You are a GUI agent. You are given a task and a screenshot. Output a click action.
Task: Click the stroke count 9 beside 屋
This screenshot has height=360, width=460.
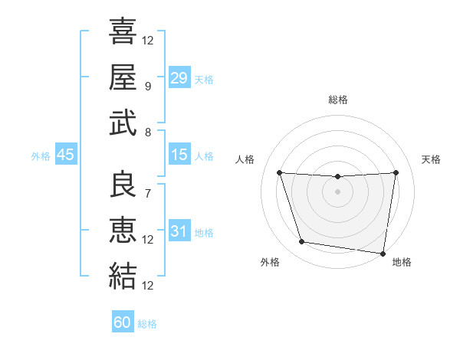point(147,86)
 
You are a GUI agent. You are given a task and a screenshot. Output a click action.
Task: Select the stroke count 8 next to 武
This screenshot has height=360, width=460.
point(147,132)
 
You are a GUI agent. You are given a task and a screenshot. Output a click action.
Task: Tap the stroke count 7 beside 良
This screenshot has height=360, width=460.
point(147,193)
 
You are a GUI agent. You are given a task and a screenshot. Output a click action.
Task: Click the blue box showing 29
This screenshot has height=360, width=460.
point(179,77)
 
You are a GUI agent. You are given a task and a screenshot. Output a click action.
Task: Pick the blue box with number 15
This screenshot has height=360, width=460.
point(179,155)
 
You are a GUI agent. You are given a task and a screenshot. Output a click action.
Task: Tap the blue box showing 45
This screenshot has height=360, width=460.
point(65,155)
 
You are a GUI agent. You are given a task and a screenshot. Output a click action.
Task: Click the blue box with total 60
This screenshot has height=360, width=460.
point(123,322)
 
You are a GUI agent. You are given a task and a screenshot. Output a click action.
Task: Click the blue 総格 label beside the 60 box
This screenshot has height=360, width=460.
point(147,324)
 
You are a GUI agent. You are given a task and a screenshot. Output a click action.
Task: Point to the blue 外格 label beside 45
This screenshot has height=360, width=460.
point(41,156)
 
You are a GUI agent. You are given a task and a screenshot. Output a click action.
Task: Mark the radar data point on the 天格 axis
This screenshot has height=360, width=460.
point(396,172)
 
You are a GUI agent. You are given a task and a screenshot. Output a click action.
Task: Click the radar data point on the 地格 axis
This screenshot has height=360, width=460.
point(383,253)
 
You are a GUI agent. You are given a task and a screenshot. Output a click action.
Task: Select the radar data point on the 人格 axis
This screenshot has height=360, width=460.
point(279,172)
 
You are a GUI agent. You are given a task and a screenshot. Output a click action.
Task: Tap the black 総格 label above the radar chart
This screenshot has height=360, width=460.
point(338,100)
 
